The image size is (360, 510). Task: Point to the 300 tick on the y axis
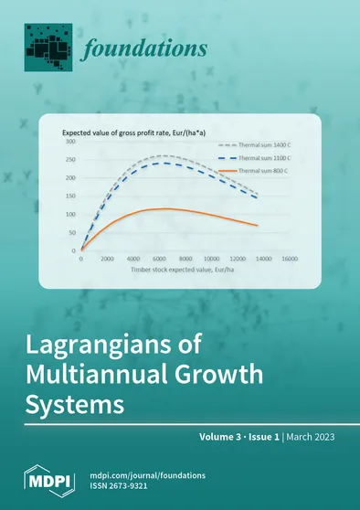point(69,143)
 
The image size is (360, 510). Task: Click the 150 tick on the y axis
point(69,196)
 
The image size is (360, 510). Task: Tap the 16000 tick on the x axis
point(290,259)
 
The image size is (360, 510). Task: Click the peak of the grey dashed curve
point(164,156)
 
